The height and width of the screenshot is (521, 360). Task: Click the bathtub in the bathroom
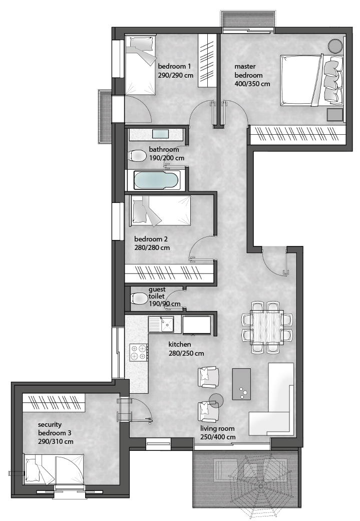click(157, 180)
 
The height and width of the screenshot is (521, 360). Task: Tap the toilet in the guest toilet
click(139, 298)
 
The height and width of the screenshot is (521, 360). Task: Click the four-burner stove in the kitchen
click(139, 353)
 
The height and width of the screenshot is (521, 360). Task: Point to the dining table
click(267, 327)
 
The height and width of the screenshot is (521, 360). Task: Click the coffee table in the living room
click(241, 384)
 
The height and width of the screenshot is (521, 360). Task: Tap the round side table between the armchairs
click(216, 400)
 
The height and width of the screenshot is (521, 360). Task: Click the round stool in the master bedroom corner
click(335, 46)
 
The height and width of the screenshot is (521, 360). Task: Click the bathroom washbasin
click(161, 134)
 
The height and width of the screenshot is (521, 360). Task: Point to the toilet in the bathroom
click(137, 155)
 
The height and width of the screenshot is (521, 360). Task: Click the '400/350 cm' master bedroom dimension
click(252, 84)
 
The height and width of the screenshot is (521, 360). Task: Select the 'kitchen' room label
click(180, 344)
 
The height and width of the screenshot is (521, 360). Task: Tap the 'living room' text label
click(217, 429)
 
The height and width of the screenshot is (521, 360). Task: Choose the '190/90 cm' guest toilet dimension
click(165, 304)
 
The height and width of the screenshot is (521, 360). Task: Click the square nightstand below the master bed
click(334, 115)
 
